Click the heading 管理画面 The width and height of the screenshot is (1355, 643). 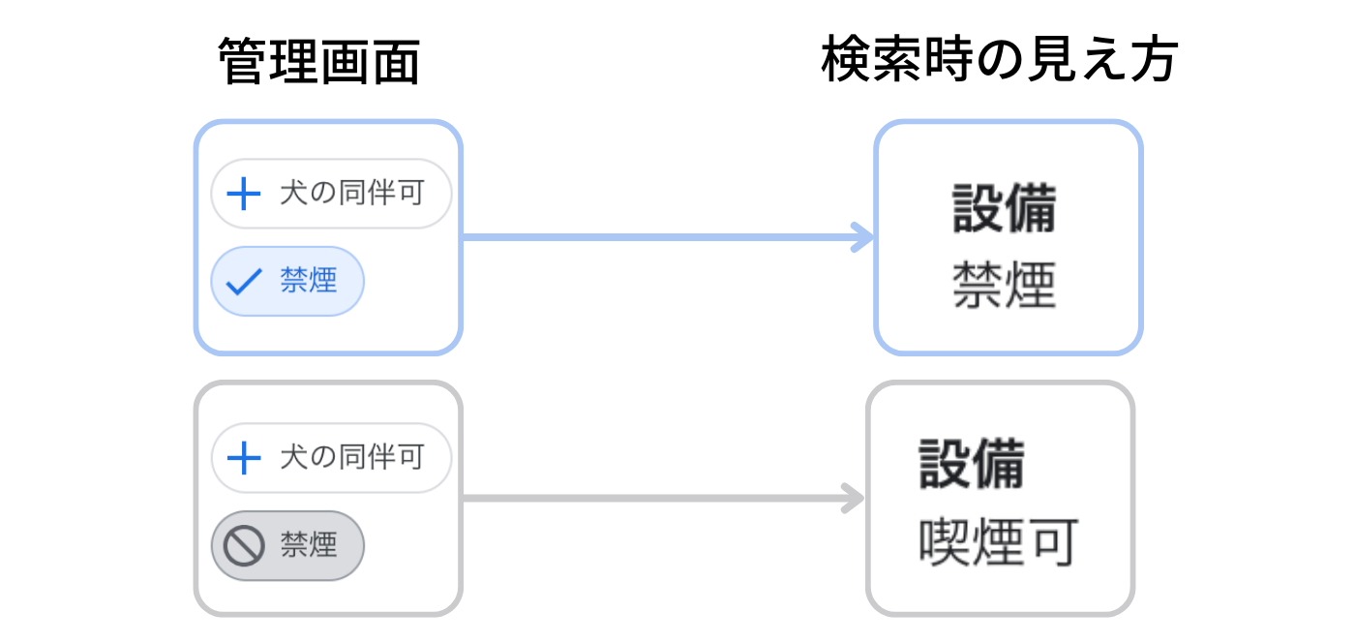(318, 61)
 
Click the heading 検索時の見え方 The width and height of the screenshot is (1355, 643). (999, 59)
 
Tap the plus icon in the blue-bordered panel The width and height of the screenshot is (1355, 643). (243, 194)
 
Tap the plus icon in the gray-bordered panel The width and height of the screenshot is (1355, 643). (243, 458)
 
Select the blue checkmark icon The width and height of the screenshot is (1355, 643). (243, 282)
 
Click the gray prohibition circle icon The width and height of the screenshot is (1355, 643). (244, 545)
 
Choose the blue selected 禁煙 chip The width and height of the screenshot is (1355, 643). (287, 281)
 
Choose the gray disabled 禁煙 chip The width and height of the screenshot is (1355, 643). (287, 545)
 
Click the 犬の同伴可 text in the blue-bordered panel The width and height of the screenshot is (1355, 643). (352, 193)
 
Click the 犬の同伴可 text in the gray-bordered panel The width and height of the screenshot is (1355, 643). (352, 457)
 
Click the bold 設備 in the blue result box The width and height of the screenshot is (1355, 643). (1005, 208)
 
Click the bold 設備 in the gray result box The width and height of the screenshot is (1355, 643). (972, 464)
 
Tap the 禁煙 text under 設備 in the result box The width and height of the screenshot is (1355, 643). (1005, 285)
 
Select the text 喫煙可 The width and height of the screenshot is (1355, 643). (998, 542)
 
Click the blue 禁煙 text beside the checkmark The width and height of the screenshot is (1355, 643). (309, 280)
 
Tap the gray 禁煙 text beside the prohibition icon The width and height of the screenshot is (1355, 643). (309, 544)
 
